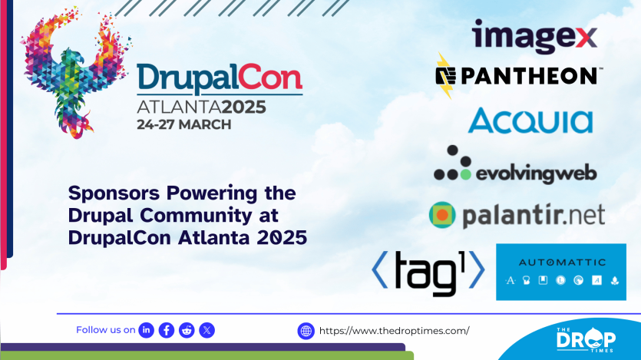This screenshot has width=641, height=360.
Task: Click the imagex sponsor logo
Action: pyautogui.click(x=534, y=36)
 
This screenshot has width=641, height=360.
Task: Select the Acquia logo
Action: pyautogui.click(x=530, y=121)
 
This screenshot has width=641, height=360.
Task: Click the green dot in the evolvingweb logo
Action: pyautogui.click(x=465, y=174)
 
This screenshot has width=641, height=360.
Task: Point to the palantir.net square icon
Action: pyautogui.click(x=442, y=214)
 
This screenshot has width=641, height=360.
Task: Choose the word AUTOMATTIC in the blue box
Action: pyautogui.click(x=562, y=263)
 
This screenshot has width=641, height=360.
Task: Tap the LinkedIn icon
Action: pyautogui.click(x=147, y=330)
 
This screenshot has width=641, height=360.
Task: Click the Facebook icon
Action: pyautogui.click(x=167, y=330)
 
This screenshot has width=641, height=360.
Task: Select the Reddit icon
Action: pyautogui.click(x=187, y=330)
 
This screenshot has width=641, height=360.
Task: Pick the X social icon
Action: pyautogui.click(x=207, y=330)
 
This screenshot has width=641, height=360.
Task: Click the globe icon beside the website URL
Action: pyautogui.click(x=306, y=331)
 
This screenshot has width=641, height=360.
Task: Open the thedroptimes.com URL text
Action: pyautogui.click(x=394, y=331)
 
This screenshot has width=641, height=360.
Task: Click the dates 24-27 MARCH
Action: pyautogui.click(x=184, y=124)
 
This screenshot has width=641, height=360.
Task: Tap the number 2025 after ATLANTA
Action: pyautogui.click(x=243, y=107)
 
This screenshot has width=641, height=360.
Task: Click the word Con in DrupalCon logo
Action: pyautogui.click(x=270, y=77)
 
